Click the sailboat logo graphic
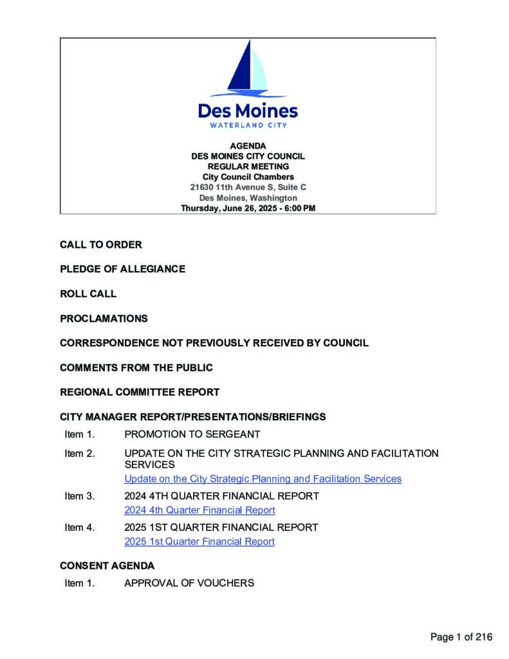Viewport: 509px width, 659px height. (x=248, y=68)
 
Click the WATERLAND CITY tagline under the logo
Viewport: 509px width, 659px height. (x=248, y=125)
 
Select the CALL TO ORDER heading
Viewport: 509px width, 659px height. (x=101, y=245)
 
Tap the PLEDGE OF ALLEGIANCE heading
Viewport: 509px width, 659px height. (x=122, y=269)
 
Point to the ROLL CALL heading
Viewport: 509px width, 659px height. (x=88, y=293)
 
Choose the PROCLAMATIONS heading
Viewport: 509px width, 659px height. (x=104, y=318)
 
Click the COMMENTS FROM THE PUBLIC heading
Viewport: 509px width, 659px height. (x=136, y=367)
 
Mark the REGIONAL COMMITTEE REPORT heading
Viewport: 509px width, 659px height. (x=140, y=392)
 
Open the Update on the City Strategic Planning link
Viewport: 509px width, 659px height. (x=263, y=479)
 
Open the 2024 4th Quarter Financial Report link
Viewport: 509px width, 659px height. (x=199, y=510)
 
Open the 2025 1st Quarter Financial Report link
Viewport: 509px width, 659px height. (x=199, y=541)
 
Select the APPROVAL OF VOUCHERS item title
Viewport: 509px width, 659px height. (x=189, y=583)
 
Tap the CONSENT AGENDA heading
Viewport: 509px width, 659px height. (x=107, y=566)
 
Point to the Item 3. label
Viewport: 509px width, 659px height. (x=80, y=496)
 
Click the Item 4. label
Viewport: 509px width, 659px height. (x=80, y=527)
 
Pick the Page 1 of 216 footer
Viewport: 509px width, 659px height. (x=461, y=637)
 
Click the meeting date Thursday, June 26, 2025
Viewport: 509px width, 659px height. (x=248, y=209)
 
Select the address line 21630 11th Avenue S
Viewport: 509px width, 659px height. (x=248, y=187)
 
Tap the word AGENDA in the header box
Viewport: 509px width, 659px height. (x=248, y=146)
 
